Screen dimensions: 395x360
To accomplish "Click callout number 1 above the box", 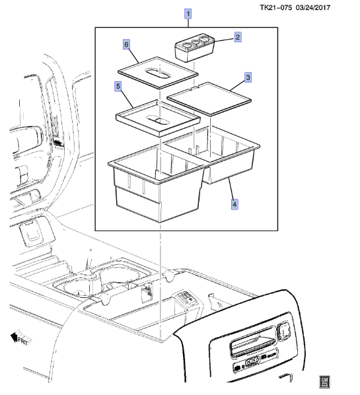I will [188, 13].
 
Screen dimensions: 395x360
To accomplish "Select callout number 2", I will [238, 38].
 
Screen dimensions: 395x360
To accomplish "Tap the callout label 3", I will [247, 78].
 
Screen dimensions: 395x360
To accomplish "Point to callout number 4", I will [234, 203].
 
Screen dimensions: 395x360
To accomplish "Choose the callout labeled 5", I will [118, 87].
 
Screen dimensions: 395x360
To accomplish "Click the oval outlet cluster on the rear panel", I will [251, 361].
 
